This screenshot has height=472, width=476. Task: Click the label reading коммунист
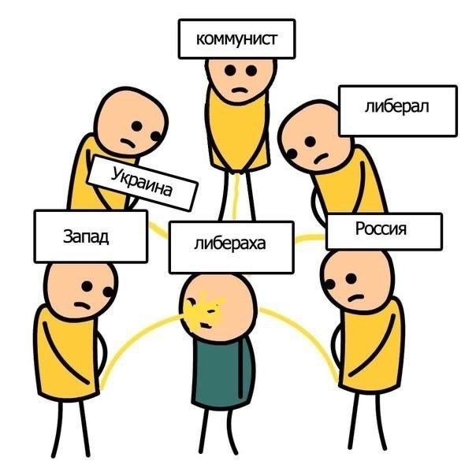click(236, 39)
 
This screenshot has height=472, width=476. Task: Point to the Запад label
click(90, 236)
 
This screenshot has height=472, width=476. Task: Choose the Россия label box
click(382, 231)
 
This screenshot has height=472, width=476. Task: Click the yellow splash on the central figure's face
click(206, 308)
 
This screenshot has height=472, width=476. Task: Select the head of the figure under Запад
click(80, 288)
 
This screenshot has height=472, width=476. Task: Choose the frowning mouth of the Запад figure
click(82, 304)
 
